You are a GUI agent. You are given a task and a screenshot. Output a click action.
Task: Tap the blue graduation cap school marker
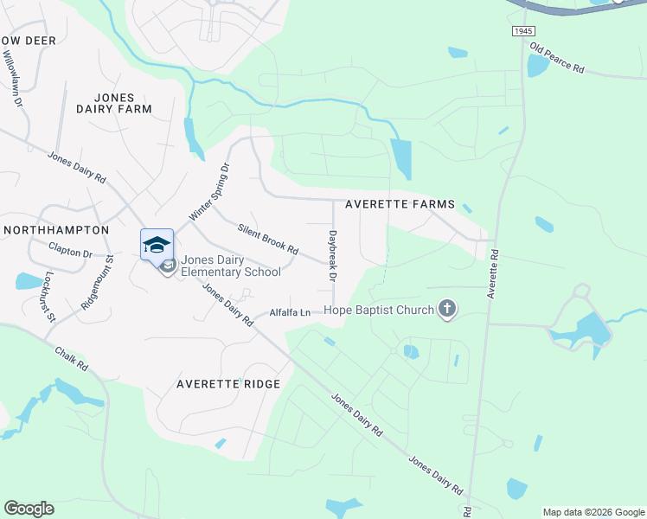[157, 245]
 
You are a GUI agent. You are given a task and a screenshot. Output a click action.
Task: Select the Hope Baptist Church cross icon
[446, 309]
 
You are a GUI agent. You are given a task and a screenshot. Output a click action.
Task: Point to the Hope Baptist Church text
[379, 310]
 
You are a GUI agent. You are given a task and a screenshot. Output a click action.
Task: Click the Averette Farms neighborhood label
[400, 204]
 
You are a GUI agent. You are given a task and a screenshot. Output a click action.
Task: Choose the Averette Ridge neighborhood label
[228, 383]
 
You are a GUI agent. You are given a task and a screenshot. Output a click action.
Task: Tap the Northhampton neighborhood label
[56, 230]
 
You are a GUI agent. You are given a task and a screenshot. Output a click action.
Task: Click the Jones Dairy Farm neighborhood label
[114, 103]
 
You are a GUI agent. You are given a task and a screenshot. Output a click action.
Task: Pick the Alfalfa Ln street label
[290, 312]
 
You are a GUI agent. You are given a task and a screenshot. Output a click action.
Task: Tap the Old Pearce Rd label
[557, 59]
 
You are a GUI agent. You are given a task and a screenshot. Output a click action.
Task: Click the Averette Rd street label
[493, 275]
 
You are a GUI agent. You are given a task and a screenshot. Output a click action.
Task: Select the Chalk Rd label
[72, 360]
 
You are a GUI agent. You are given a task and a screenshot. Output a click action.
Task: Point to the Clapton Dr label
[70, 253]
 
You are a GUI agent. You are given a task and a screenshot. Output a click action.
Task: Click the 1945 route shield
[522, 31]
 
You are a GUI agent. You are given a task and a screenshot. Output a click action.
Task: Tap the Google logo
[29, 509]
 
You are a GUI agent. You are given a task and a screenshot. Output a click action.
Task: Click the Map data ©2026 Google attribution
[593, 512]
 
